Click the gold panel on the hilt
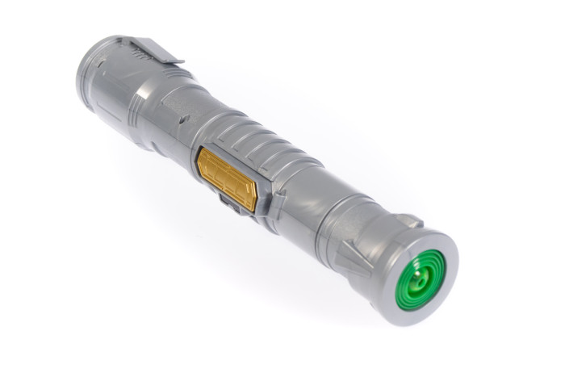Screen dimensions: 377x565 (228, 178)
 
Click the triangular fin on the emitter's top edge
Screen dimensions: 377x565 (408, 219)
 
